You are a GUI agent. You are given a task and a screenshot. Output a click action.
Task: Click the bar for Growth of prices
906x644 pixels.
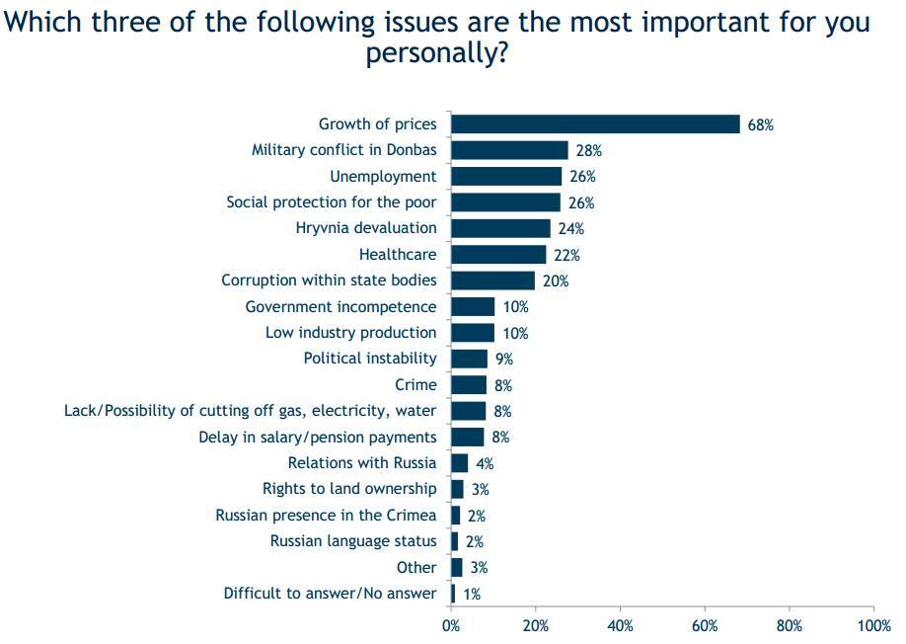(595, 124)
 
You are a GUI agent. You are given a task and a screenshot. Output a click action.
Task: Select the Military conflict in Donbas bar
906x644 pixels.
(509, 150)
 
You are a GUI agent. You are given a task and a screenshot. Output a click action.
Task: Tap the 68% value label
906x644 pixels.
(761, 125)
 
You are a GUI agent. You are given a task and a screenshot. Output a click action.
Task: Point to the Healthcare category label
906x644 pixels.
(398, 255)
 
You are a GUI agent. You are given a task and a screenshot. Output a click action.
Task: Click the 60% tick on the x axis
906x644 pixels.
(705, 625)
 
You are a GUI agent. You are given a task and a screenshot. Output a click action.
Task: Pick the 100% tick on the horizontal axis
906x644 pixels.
(874, 625)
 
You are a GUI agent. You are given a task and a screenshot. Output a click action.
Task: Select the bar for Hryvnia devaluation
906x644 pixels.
(500, 228)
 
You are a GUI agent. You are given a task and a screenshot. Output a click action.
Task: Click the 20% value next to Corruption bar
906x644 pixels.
(556, 282)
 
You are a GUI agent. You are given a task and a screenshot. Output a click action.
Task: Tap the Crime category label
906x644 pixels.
(415, 385)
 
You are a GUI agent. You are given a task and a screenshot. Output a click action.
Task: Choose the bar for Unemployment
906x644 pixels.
(505, 177)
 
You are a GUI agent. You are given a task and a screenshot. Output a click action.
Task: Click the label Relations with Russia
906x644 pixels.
(362, 463)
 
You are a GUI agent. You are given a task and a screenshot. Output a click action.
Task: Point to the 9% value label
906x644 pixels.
(503, 360)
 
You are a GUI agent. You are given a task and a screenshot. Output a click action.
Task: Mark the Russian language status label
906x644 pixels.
(353, 541)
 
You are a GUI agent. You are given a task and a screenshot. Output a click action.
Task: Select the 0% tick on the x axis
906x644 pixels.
(451, 625)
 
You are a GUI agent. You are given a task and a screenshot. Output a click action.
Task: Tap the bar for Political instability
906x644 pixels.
(469, 359)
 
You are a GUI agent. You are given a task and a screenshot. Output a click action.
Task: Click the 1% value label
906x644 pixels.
(471, 594)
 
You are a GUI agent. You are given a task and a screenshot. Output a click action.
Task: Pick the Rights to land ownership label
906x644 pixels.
(349, 489)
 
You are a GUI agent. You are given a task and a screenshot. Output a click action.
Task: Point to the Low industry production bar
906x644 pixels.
(473, 333)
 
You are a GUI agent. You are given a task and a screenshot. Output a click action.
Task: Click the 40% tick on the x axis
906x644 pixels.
(620, 625)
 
